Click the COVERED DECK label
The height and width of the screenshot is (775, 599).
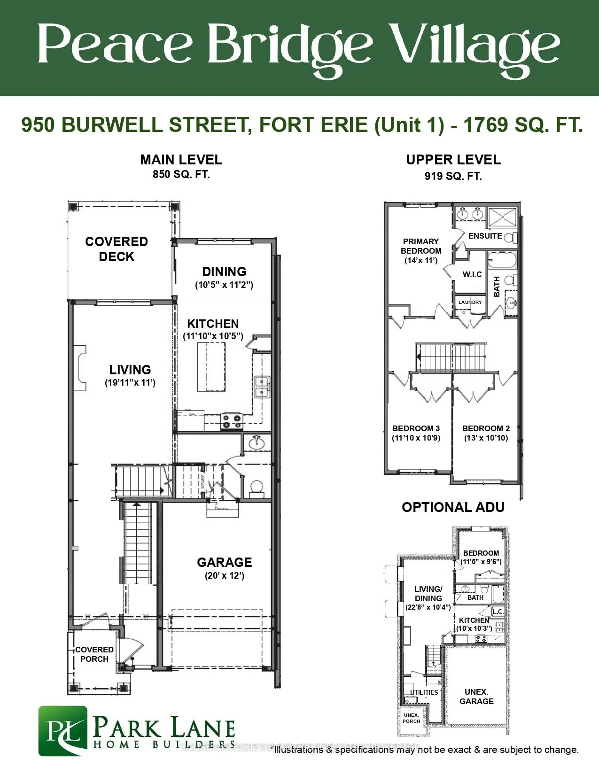(117, 249)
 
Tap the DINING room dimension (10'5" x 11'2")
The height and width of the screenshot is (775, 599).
(224, 285)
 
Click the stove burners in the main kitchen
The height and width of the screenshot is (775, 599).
(232, 421)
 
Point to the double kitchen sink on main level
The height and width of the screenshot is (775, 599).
(261, 387)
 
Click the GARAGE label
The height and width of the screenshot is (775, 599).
(224, 562)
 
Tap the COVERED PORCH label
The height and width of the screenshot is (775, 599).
(94, 654)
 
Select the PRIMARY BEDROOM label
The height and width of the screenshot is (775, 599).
(421, 246)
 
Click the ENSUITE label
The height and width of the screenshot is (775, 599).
(485, 236)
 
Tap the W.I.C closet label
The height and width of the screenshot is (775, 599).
(472, 274)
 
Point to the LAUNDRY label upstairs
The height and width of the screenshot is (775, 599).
(470, 302)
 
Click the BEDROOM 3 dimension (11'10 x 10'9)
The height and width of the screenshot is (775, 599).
(416, 438)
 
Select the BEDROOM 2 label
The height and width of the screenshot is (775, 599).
(486, 428)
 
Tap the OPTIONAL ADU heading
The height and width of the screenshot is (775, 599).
(453, 507)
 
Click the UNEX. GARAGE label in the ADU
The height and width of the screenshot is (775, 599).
(476, 697)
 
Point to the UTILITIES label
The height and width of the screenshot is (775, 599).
(424, 692)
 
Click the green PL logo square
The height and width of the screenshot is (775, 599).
(62, 730)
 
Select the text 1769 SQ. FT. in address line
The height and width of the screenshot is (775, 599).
(523, 125)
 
